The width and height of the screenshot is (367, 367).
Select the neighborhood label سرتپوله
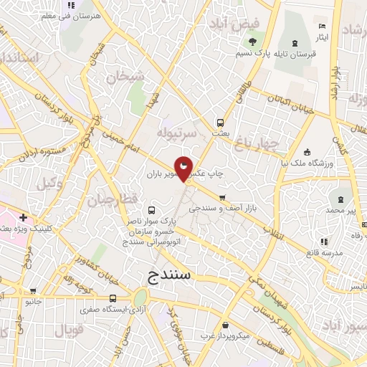[176, 133]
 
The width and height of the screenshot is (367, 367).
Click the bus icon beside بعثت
[221, 122]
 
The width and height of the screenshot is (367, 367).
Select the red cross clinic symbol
[24, 216]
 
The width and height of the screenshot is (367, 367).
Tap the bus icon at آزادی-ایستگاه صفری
[113, 298]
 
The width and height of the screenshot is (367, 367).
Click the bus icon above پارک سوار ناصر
[151, 210]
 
